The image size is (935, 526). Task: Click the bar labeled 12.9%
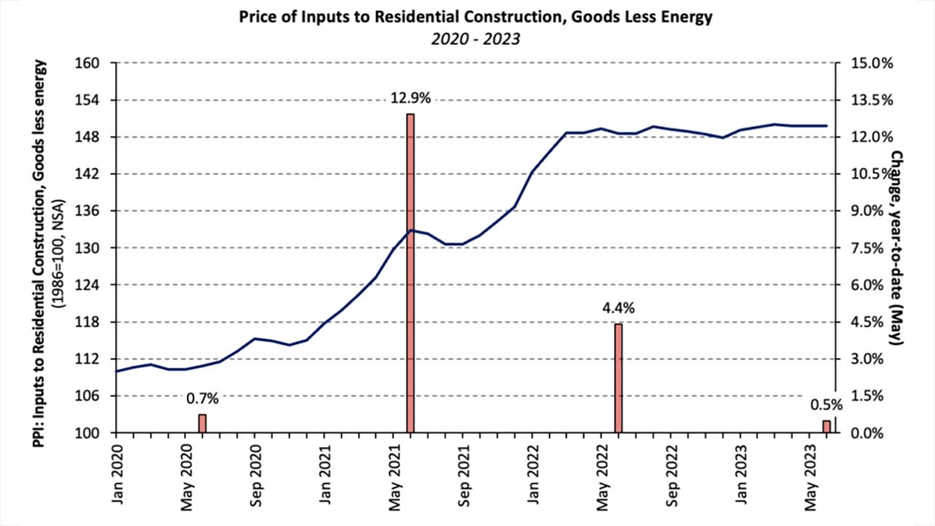(x=410, y=273)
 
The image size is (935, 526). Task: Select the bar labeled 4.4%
(x=618, y=378)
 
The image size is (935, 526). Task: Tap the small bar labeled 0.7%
(x=202, y=424)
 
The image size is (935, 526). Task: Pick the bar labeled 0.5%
(x=826, y=427)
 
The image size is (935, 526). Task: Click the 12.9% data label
(x=411, y=99)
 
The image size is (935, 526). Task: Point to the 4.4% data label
(x=618, y=309)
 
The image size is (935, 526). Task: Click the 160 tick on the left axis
(x=96, y=63)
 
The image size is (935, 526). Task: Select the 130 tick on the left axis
(x=96, y=248)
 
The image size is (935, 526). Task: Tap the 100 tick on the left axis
(x=96, y=433)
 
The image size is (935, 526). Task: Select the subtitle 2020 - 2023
(x=467, y=39)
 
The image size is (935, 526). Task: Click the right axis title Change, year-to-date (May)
(x=897, y=246)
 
